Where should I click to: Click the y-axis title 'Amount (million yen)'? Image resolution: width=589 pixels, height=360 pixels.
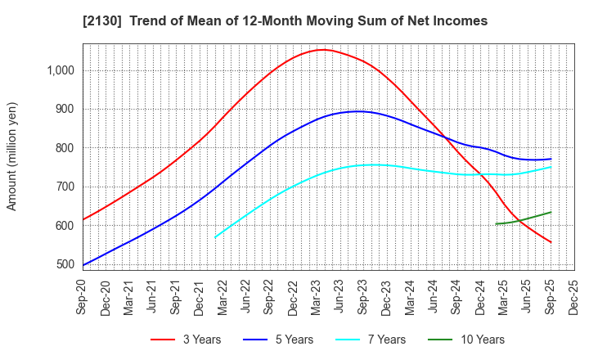(x=11, y=156)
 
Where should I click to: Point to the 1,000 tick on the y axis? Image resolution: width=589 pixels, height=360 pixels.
(x=60, y=70)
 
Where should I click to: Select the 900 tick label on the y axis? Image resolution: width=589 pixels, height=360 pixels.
(x=65, y=109)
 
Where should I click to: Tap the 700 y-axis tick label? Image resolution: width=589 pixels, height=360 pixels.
(x=65, y=187)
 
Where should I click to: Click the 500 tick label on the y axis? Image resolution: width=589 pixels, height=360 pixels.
(x=65, y=264)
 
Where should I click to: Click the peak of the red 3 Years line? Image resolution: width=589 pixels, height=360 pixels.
(x=323, y=50)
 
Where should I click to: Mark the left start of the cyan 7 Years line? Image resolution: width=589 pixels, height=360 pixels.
(x=215, y=237)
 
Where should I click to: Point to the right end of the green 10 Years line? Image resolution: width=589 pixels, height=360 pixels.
(x=551, y=212)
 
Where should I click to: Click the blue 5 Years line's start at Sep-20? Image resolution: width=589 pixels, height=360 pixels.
(x=83, y=265)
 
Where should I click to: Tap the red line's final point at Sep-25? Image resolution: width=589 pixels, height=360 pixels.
(x=551, y=242)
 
